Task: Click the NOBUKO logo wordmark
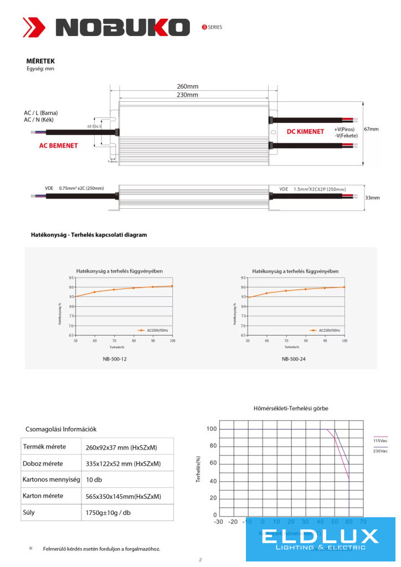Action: [x=122, y=27]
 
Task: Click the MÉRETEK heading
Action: [x=40, y=61]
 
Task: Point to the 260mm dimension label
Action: [x=188, y=86]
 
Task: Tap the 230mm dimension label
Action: [x=188, y=95]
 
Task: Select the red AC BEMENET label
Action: [x=58, y=146]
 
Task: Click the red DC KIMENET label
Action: [x=305, y=132]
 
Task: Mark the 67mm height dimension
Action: [x=371, y=129]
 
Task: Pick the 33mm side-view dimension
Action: [x=372, y=198]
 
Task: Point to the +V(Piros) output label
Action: [x=346, y=129]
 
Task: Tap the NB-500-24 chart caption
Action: [x=294, y=359]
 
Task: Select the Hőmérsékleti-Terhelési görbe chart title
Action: [x=291, y=408]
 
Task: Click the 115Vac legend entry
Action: [x=381, y=441]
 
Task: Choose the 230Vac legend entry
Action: [x=381, y=451]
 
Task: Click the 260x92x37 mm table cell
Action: [x=121, y=447]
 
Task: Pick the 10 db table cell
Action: [x=94, y=480]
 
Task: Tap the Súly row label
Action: [x=29, y=512]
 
